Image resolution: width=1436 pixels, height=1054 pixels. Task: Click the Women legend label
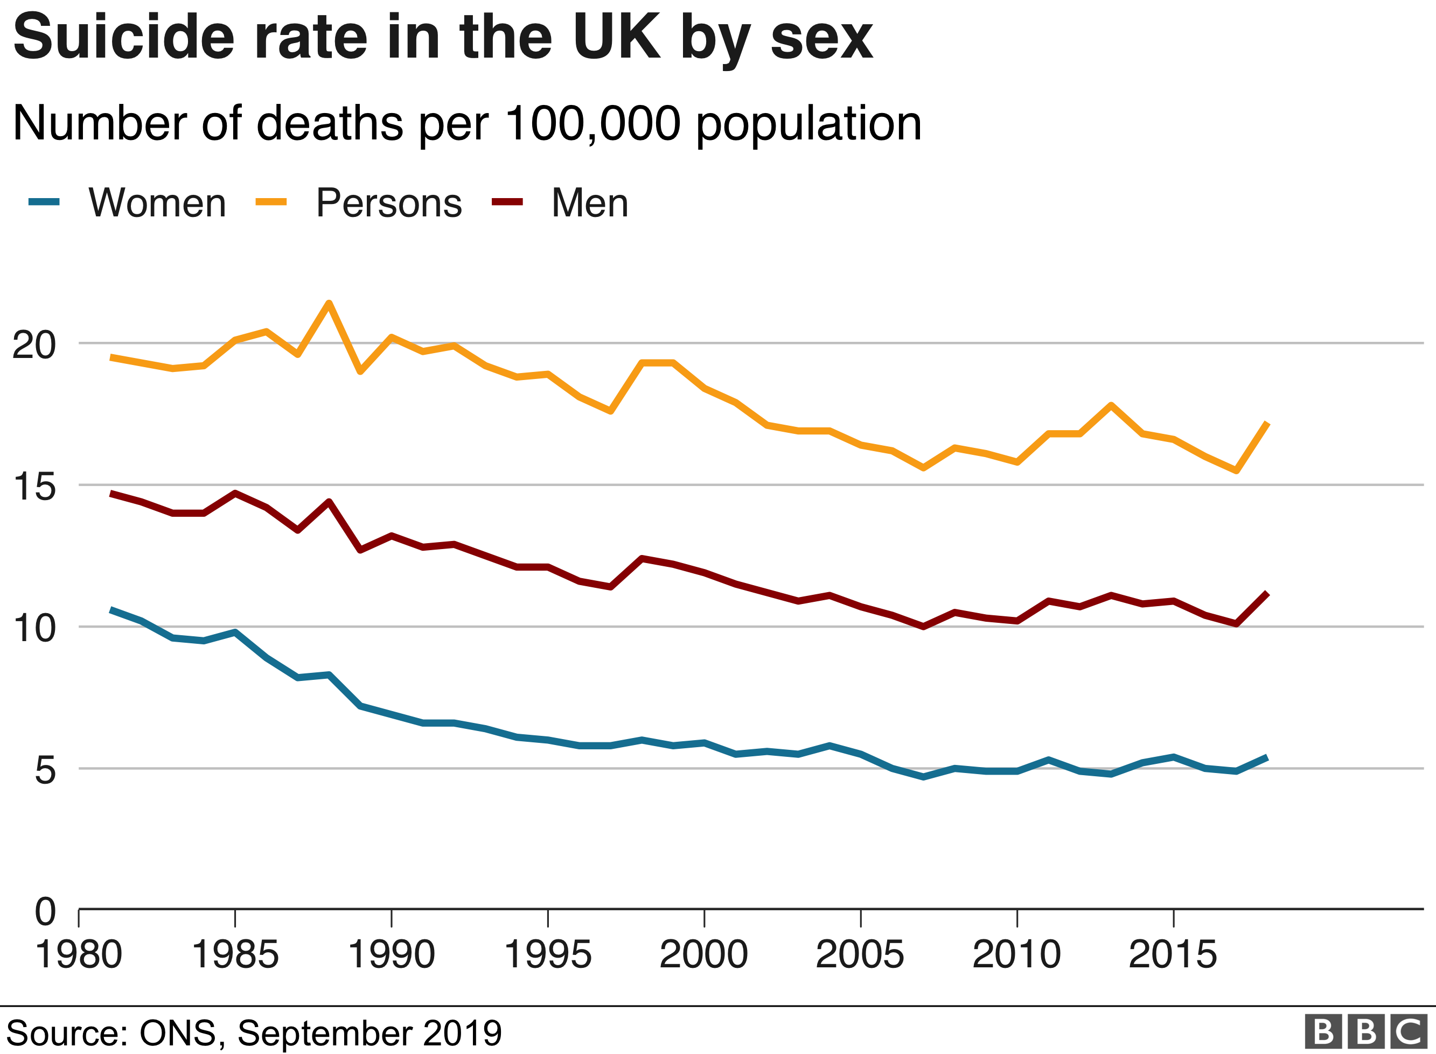(x=157, y=203)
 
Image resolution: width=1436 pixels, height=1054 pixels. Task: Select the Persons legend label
(x=389, y=203)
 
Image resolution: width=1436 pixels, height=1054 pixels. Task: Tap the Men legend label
(x=590, y=203)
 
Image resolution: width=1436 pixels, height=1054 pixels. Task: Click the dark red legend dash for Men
(x=507, y=202)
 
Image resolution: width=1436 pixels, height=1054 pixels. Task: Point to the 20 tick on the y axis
(x=34, y=345)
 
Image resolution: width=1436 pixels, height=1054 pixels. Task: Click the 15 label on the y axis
(x=34, y=487)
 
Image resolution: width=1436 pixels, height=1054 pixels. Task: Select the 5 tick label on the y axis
(x=45, y=770)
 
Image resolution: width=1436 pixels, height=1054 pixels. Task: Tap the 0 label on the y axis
(x=45, y=911)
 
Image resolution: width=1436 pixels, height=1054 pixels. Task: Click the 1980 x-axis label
(x=79, y=955)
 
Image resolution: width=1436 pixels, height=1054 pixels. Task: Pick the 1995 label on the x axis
(x=548, y=955)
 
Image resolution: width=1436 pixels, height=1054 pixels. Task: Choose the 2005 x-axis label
(x=860, y=955)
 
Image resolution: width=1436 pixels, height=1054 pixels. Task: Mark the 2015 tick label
(x=1173, y=955)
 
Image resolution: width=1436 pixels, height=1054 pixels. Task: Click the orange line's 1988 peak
(x=329, y=303)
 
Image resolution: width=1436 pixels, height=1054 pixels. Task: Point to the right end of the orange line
(x=1267, y=424)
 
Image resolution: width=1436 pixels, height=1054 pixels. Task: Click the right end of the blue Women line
(x=1267, y=757)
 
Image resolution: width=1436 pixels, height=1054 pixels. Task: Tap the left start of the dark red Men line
(x=111, y=493)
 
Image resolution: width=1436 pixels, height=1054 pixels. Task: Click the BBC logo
(x=1365, y=1031)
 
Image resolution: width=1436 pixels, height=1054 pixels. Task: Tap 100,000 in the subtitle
(x=593, y=123)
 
